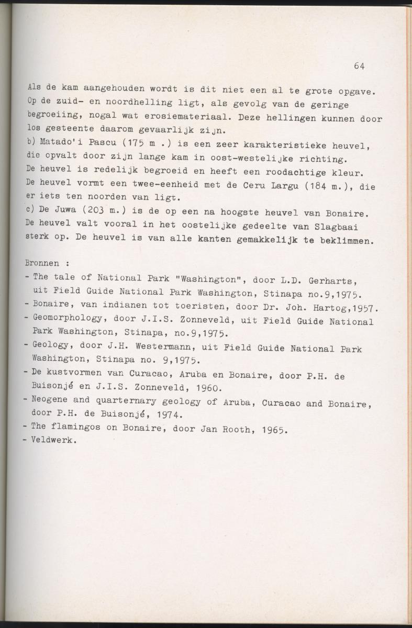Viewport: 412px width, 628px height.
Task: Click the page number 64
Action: click(359, 66)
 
